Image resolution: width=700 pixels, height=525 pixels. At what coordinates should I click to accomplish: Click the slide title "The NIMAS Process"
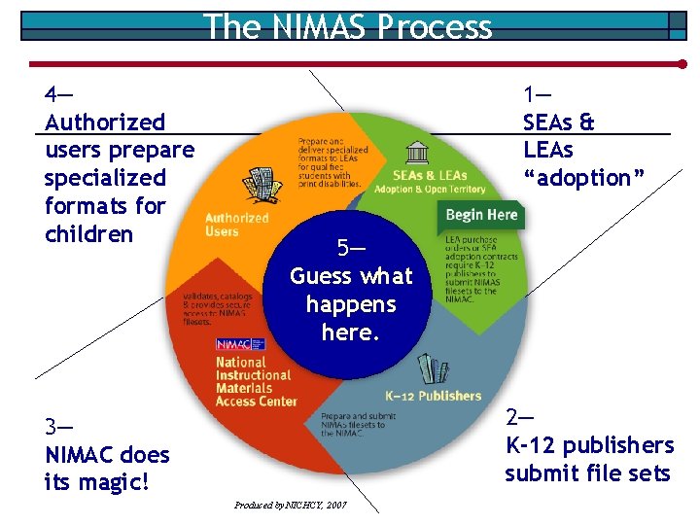click(x=348, y=26)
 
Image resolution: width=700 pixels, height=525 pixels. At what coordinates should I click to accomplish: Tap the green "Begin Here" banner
click(x=481, y=215)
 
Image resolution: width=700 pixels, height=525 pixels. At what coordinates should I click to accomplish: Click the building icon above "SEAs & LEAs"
click(x=418, y=153)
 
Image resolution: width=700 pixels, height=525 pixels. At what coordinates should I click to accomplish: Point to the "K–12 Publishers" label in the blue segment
click(x=433, y=396)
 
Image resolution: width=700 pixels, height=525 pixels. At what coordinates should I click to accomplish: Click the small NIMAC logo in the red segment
click(x=233, y=344)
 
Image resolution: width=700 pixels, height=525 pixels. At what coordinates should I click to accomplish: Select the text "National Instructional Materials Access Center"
click(x=253, y=381)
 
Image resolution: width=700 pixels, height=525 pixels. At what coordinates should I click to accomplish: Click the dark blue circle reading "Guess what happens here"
click(x=351, y=292)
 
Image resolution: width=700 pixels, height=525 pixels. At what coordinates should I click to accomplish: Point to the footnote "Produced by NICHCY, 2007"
click(x=290, y=505)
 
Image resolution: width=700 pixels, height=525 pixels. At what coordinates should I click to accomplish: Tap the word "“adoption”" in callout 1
click(x=583, y=178)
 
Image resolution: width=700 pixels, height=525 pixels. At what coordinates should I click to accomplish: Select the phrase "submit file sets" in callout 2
click(x=587, y=473)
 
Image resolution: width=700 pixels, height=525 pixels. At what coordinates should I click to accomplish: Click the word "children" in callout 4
click(x=88, y=234)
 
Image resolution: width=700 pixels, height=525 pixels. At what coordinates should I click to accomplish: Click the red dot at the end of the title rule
click(x=682, y=64)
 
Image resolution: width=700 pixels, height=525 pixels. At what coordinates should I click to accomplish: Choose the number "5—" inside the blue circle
click(x=351, y=247)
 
